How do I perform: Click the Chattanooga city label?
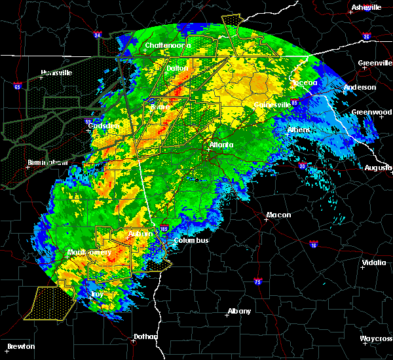click(168, 46)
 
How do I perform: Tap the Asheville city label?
click(366, 7)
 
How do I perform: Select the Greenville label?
click(375, 63)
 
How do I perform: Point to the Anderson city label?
click(360, 87)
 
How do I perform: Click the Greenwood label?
click(371, 112)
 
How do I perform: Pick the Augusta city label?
click(378, 168)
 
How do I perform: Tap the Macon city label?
click(278, 215)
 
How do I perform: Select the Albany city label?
click(238, 312)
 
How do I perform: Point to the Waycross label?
click(376, 338)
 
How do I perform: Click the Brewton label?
click(22, 346)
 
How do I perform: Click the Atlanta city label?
click(221, 145)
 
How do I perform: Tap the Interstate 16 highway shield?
click(313, 245)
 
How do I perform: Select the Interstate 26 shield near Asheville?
click(365, 37)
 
